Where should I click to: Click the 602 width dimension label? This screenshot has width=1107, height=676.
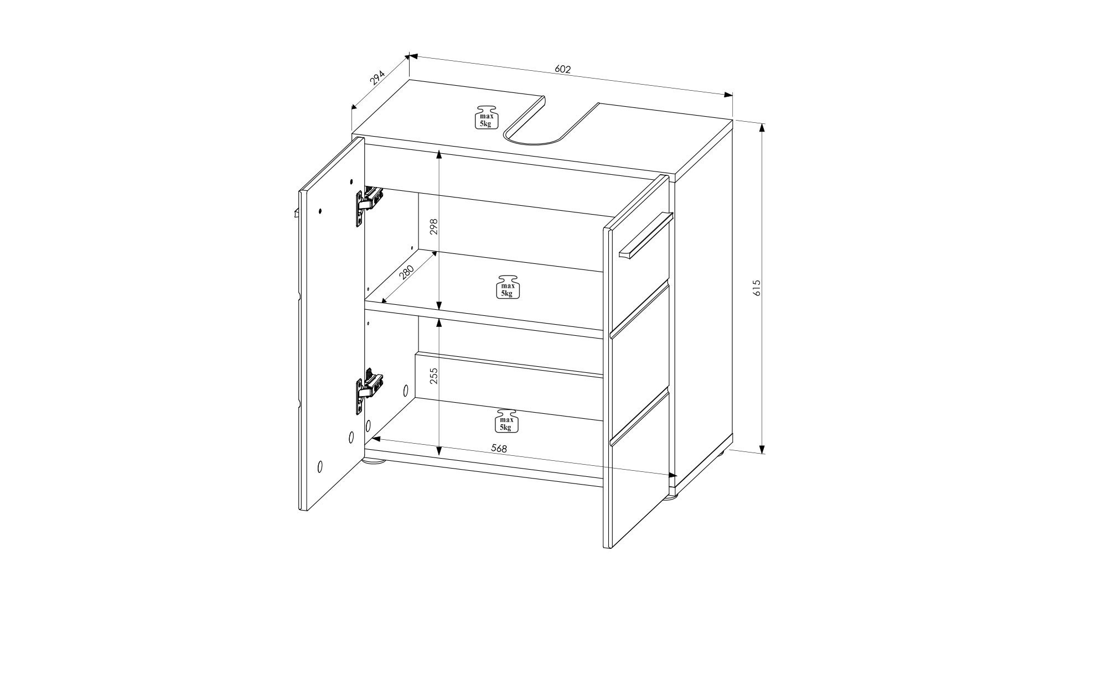coord(562,70)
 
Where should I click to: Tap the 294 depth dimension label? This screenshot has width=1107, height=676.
coord(377,78)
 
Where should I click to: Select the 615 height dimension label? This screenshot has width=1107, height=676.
coord(758,288)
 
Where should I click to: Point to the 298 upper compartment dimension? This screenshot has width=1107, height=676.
coord(434,227)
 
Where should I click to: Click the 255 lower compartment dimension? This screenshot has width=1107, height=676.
coord(434,376)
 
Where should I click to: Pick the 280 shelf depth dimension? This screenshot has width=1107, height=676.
coord(406,272)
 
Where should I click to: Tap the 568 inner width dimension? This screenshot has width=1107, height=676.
coord(499,449)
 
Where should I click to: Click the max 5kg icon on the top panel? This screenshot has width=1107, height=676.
coord(486,117)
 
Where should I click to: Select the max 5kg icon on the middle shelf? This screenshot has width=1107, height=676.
coord(508,287)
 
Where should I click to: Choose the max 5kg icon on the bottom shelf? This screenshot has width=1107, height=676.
coord(506,421)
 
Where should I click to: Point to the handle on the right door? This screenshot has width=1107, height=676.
coord(645,235)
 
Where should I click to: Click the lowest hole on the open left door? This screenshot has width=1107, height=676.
coord(320,466)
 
